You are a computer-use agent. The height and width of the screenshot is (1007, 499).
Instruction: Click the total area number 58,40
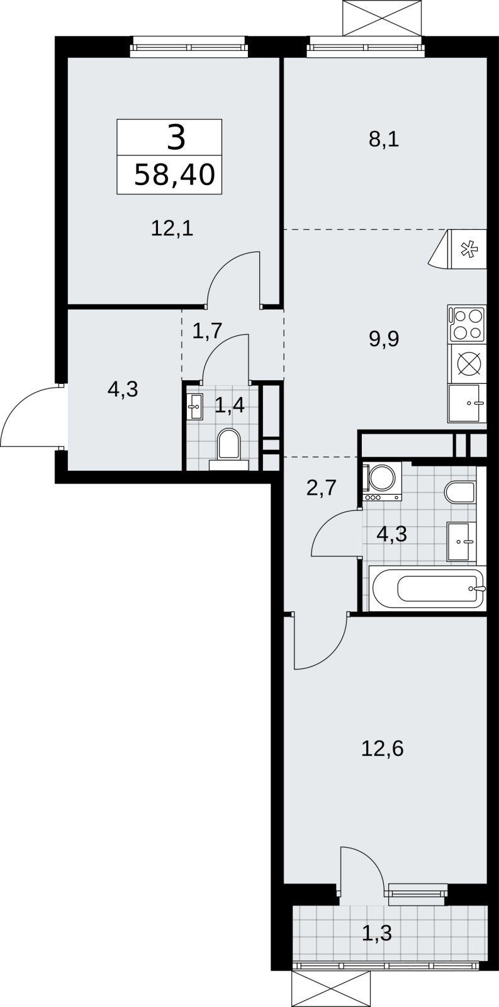[174, 175]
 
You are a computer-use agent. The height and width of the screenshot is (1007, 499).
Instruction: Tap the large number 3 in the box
[176, 138]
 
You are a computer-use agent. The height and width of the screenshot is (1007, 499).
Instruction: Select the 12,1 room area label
[172, 229]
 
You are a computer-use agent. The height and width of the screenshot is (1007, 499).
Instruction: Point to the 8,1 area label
[384, 140]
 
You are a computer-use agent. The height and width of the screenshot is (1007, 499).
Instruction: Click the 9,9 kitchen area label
[384, 339]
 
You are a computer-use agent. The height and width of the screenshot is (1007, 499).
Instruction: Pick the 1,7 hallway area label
[207, 331]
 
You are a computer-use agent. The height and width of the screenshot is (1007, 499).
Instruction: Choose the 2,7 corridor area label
[322, 487]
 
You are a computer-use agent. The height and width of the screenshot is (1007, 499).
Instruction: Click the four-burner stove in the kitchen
[467, 324]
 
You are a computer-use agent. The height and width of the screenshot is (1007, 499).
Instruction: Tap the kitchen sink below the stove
[467, 403]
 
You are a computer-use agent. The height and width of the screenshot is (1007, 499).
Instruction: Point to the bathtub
[427, 588]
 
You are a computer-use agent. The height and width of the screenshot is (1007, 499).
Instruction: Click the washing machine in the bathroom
[382, 481]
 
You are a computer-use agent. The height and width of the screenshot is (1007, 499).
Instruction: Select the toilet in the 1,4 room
[229, 447]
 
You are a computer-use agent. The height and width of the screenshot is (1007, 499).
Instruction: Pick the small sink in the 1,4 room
[194, 407]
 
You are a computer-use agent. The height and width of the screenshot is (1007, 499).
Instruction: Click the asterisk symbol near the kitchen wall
[468, 249]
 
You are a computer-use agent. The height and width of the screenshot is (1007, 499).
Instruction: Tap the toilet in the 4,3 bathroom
[459, 494]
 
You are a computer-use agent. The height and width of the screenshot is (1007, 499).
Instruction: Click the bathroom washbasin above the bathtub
[461, 542]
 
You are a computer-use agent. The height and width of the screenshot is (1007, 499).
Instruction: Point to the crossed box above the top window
[383, 18]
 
